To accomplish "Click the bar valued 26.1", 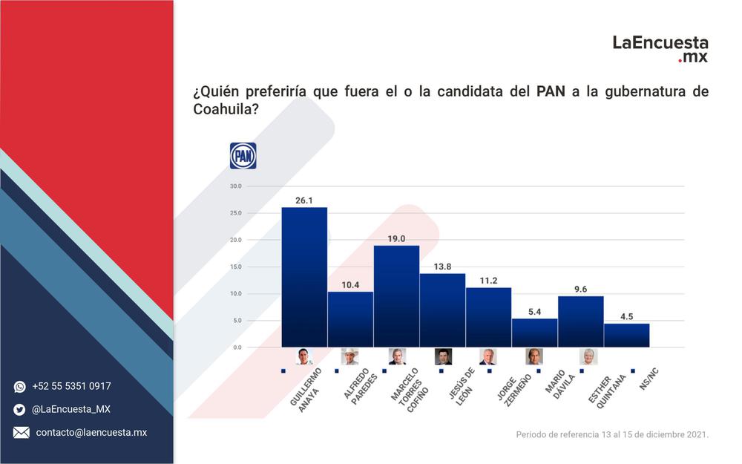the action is click(304, 277).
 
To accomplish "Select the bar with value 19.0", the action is click(396, 296).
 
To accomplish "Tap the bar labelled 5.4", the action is click(535, 333).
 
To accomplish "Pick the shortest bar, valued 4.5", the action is click(627, 336).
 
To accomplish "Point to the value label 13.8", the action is click(442, 267).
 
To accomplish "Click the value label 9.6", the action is click(581, 290).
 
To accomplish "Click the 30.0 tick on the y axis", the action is click(236, 186).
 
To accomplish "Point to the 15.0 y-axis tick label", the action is click(236, 267).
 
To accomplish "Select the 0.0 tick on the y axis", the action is click(237, 347).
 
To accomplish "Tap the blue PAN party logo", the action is click(243, 156).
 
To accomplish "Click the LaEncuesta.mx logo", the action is click(660, 49).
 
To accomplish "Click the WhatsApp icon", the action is click(20, 387).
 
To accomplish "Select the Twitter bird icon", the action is click(19, 410).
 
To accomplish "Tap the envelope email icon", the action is click(21, 432).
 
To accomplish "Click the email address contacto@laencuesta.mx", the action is click(91, 432).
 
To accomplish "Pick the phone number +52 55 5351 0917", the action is click(71, 386).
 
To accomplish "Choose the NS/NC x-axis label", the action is click(649, 379).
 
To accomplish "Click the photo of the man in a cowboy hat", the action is click(349, 356).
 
